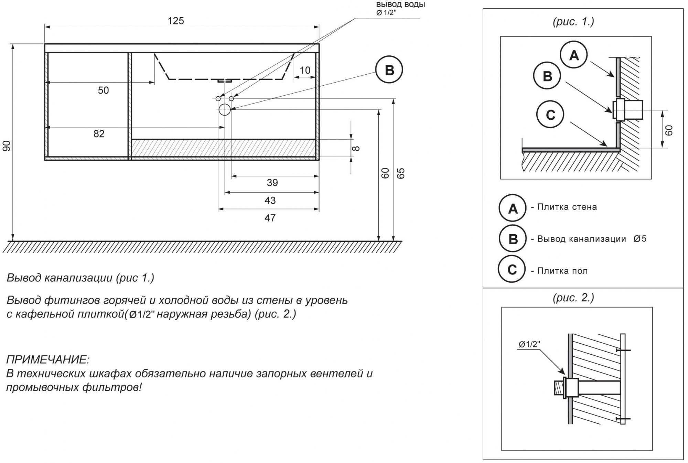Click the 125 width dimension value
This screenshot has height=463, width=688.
click(x=176, y=21)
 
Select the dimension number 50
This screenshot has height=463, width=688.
click(x=103, y=90)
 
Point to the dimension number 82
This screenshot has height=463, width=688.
click(x=99, y=134)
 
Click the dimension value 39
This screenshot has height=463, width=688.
click(x=272, y=183)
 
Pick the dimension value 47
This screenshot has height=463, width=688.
click(x=270, y=218)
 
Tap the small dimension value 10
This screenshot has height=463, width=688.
click(x=305, y=71)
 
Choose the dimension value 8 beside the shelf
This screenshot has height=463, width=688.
click(x=356, y=148)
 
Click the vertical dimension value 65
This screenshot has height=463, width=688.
click(x=401, y=173)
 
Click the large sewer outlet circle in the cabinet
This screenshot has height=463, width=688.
click(x=225, y=109)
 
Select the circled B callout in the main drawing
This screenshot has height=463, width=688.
click(x=389, y=70)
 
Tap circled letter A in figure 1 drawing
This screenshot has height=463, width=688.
click(x=573, y=55)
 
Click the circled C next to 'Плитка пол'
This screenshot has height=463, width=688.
click(x=512, y=269)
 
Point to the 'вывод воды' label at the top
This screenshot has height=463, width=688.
click(x=400, y=5)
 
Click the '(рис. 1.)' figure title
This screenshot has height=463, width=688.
click(x=573, y=22)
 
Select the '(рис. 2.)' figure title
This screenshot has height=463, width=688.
click(x=573, y=297)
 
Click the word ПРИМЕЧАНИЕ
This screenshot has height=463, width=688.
click(x=48, y=360)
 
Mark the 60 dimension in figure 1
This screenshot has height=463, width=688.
click(x=669, y=130)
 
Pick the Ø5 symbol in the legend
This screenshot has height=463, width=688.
click(x=640, y=239)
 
